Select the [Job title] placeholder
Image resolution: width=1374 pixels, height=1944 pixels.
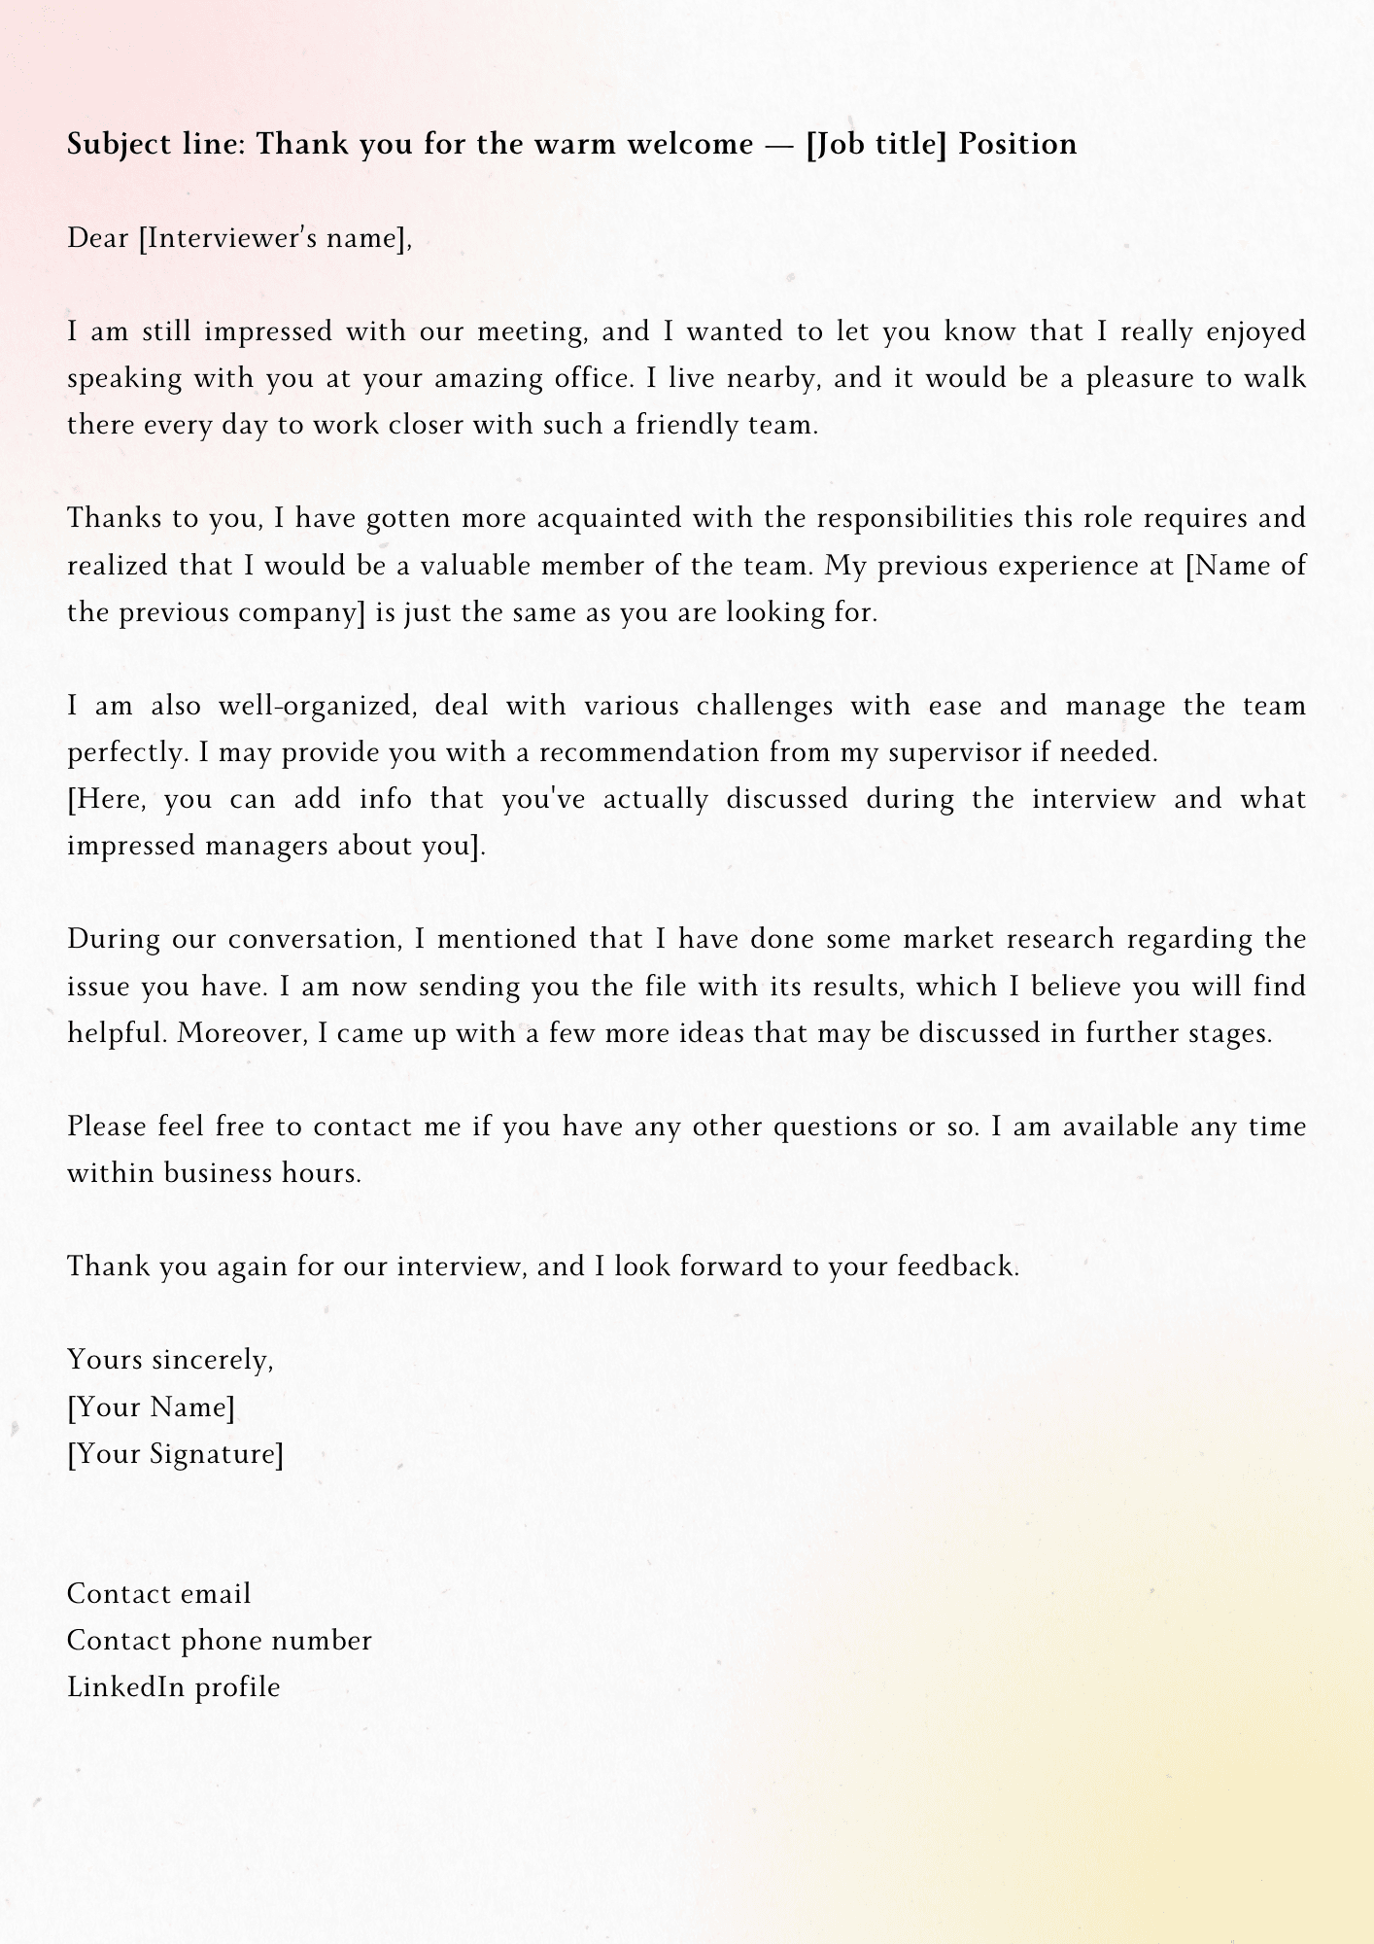pyautogui.click(x=876, y=145)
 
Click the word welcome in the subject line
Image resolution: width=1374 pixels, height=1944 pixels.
pyautogui.click(x=690, y=145)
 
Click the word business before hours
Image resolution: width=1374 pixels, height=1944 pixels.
pyautogui.click(x=218, y=1173)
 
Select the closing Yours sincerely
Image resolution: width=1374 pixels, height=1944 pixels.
pyautogui.click(x=170, y=1360)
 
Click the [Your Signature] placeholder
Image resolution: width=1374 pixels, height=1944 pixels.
pyautogui.click(x=175, y=1454)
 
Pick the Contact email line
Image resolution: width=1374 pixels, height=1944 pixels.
pyautogui.click(x=158, y=1594)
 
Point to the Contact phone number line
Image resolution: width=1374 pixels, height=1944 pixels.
pyautogui.click(x=219, y=1641)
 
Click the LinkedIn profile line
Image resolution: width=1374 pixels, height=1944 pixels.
pyautogui.click(x=173, y=1687)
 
